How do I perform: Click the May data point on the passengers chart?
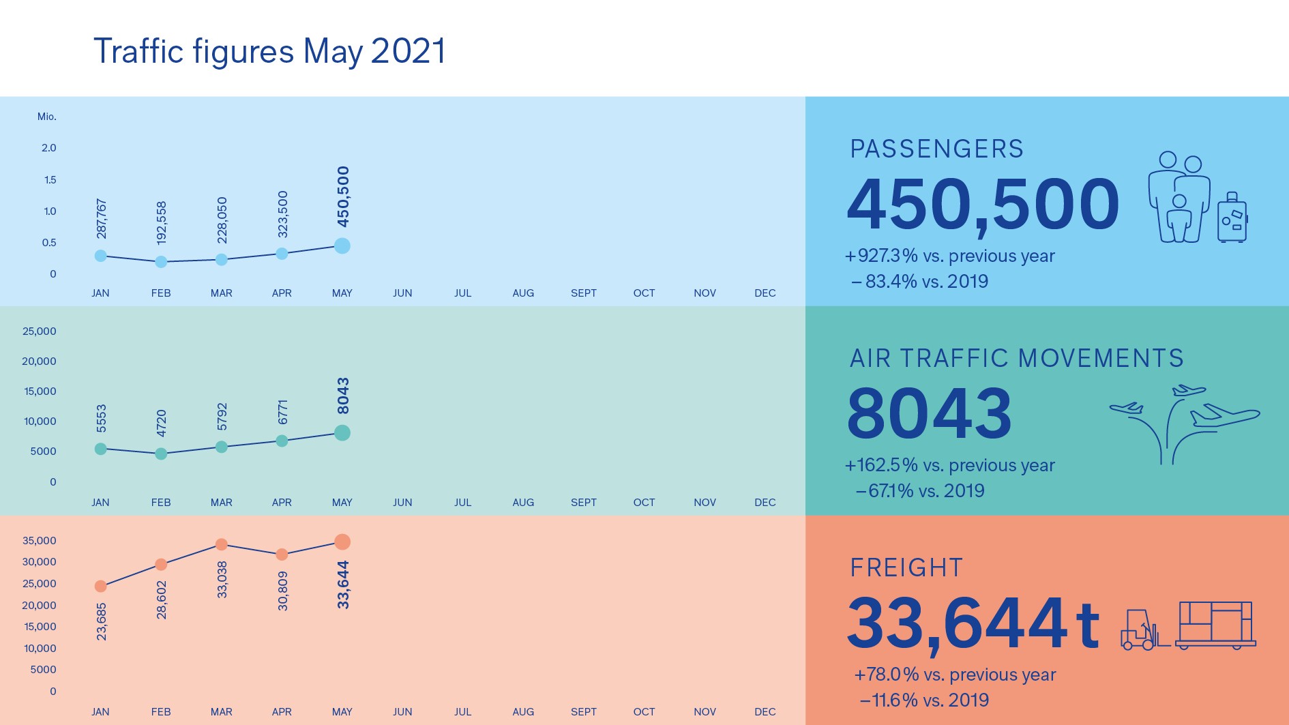click(342, 246)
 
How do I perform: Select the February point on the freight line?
click(161, 564)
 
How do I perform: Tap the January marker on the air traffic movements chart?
click(100, 449)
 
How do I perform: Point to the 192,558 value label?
click(161, 223)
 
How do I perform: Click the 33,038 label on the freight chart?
click(222, 580)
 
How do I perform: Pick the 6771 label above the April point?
click(282, 412)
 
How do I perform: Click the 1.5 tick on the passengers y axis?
click(50, 180)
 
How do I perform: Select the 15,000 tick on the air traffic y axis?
click(40, 391)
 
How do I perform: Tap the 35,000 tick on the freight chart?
click(40, 541)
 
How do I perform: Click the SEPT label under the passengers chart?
click(583, 293)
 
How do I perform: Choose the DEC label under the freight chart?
click(765, 712)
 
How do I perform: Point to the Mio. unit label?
click(46, 117)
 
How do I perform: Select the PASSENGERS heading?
click(936, 149)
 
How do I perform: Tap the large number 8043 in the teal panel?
click(929, 413)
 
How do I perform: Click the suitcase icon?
click(1232, 219)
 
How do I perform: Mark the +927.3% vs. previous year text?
click(950, 256)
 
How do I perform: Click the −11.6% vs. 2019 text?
click(924, 700)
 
